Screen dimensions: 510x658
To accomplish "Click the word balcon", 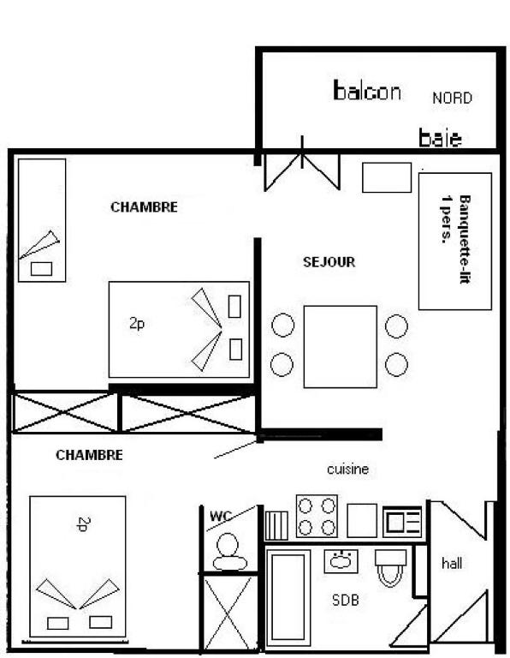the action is [367, 91].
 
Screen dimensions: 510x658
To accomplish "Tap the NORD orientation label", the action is [452, 99].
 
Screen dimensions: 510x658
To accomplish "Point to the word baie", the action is [440, 138].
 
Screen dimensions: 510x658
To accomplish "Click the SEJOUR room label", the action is [329, 262].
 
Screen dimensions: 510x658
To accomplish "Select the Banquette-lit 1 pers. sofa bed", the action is [455, 242].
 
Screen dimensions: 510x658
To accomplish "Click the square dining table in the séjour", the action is [341, 347].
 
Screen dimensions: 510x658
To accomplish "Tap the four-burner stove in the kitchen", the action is [317, 516].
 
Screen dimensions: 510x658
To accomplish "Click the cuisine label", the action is [347, 469].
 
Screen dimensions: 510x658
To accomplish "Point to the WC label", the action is [221, 516].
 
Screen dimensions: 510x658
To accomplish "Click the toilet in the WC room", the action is [228, 552].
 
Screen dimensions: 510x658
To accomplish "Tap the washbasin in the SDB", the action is [341, 561].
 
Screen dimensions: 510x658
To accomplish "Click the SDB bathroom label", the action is [346, 600].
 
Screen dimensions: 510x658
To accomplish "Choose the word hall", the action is [452, 563].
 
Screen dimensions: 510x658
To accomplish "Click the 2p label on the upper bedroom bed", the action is [137, 324].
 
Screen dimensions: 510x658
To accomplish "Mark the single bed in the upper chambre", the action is [42, 220].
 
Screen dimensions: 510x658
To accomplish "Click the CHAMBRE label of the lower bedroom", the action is [89, 455].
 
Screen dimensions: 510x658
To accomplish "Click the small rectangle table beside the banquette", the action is [387, 177].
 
